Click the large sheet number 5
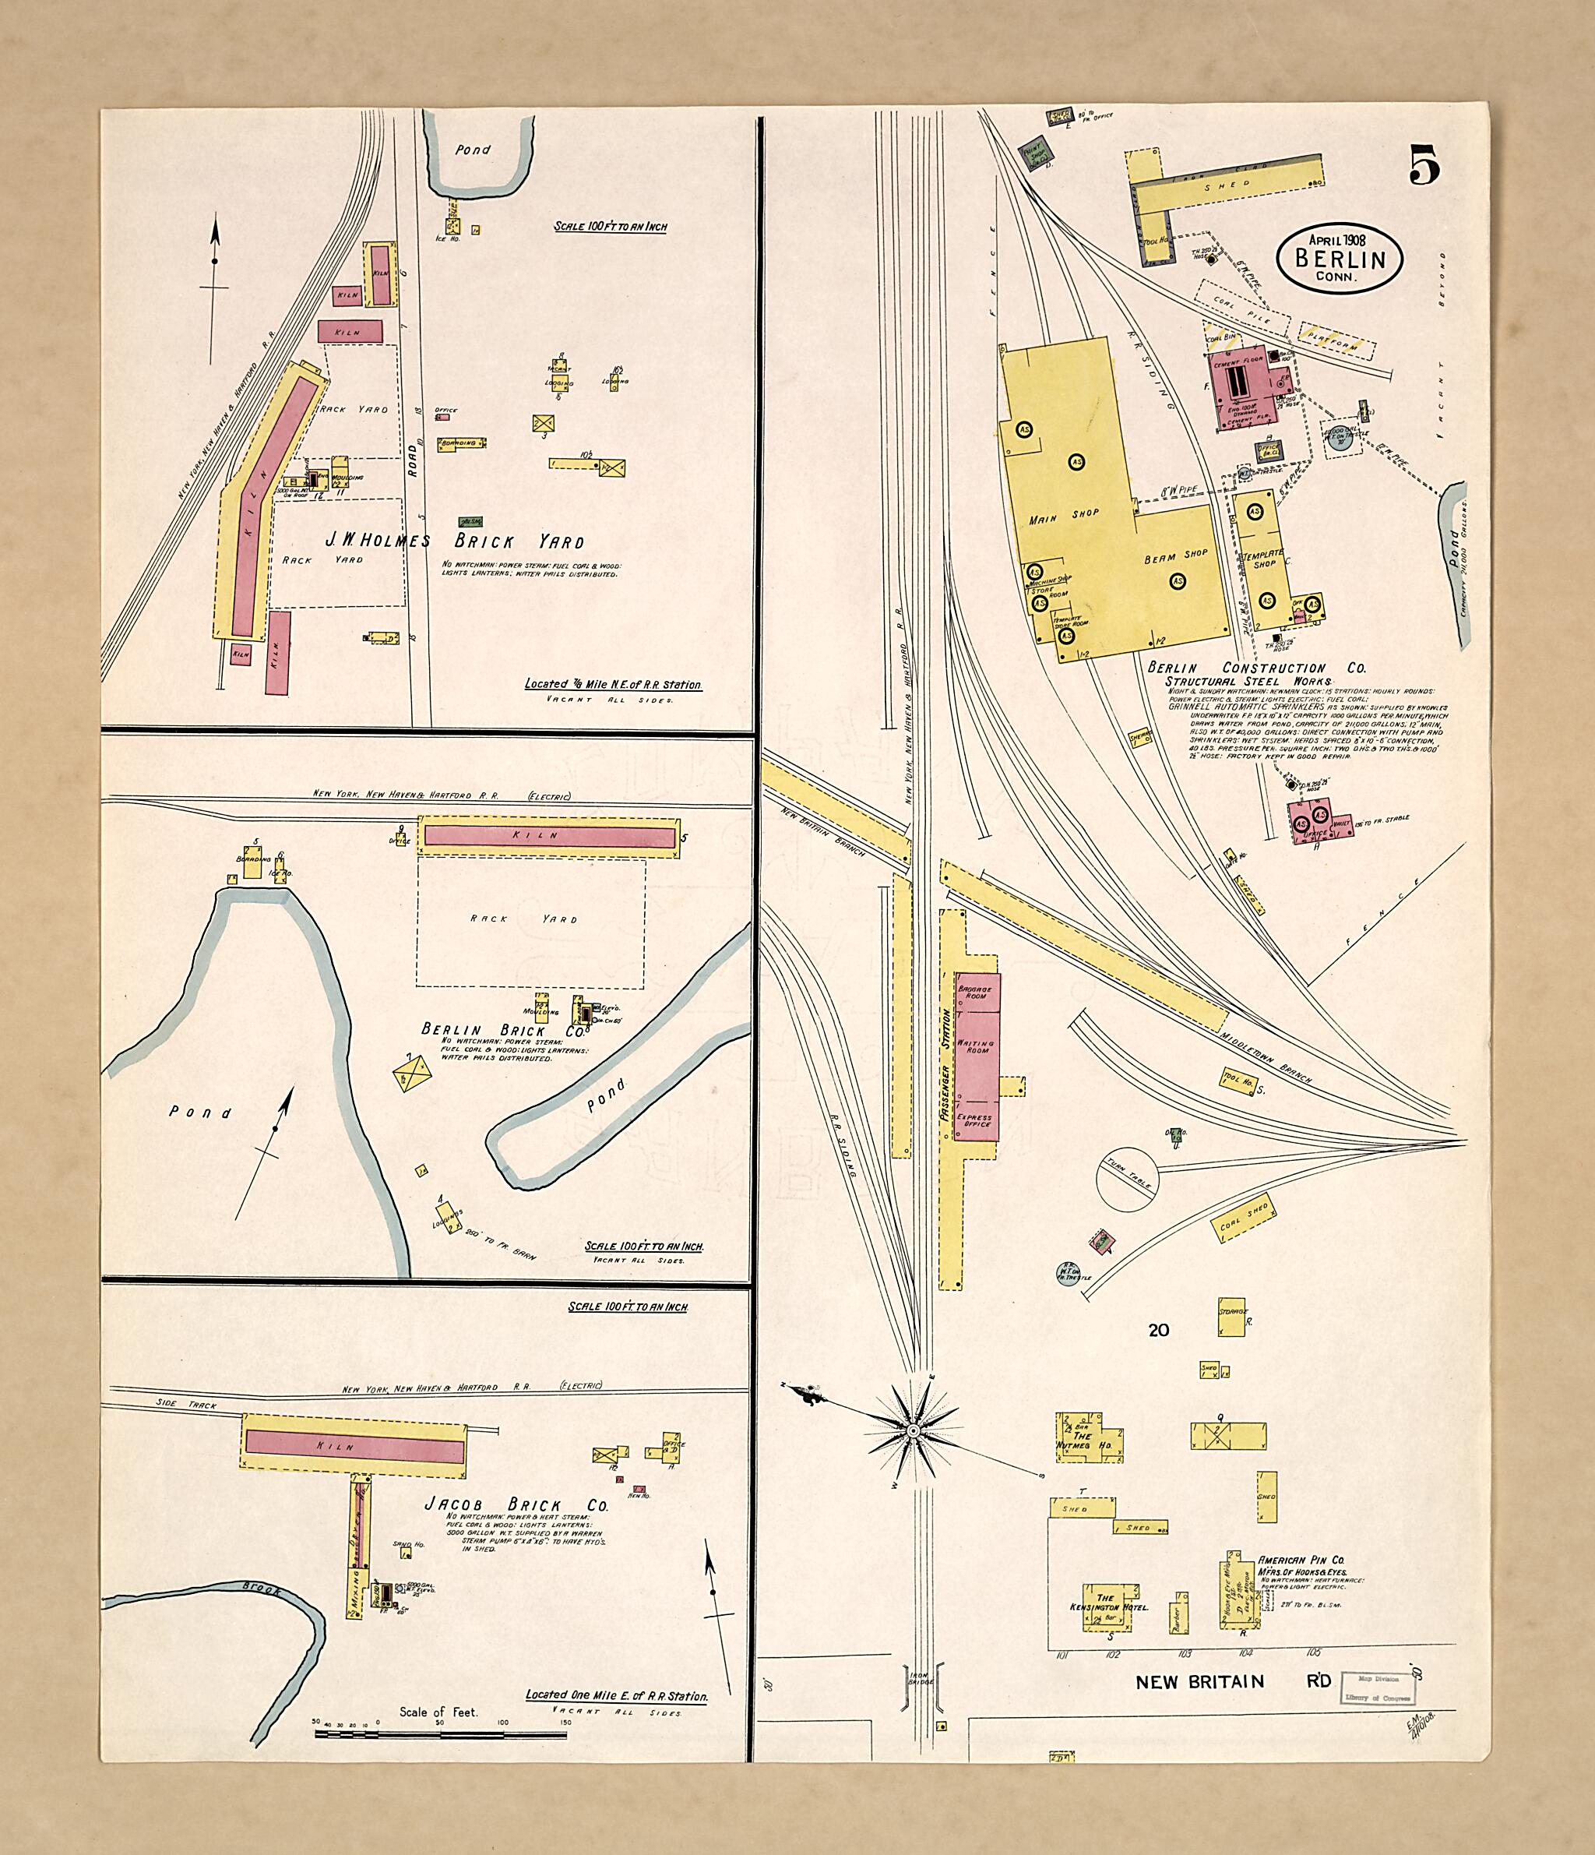coord(1424,164)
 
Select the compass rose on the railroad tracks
coord(912,1431)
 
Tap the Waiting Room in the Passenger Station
coord(977,1045)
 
